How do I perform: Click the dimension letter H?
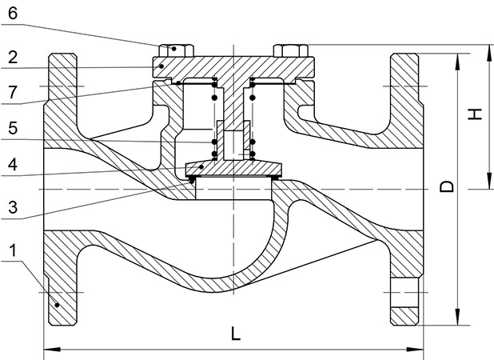coord(475,114)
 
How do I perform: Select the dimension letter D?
coord(448,186)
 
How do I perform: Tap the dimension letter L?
coord(235,335)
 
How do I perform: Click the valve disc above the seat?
coord(233,168)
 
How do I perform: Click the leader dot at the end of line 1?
coord(58,304)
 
